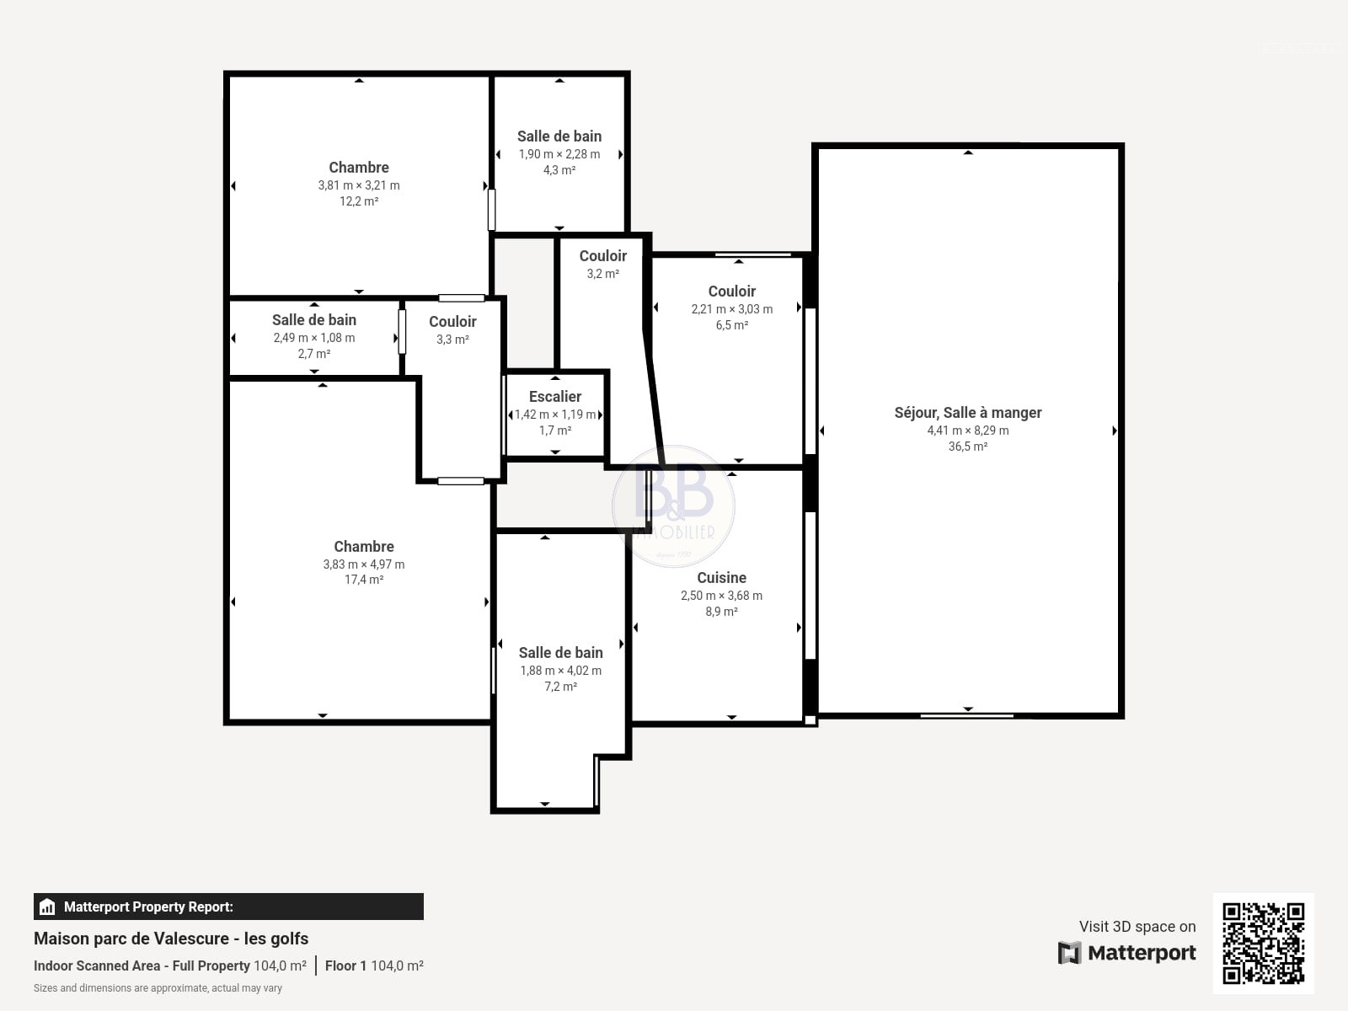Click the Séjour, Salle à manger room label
968,413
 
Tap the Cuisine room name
721,578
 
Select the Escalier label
555,397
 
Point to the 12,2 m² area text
359,201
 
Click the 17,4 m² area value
364,580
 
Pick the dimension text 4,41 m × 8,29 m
968,431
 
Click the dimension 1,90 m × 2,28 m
559,154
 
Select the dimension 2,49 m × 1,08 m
313,338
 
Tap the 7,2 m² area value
561,687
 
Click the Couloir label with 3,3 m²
452,322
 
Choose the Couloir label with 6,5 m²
731,291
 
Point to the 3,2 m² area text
602,274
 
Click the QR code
1263,944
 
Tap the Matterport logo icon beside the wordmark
1069,953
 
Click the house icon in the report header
47,907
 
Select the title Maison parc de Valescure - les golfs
171,939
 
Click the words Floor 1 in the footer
345,966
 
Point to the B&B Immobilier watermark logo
674,505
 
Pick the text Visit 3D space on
1137,926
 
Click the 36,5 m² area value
968,447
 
